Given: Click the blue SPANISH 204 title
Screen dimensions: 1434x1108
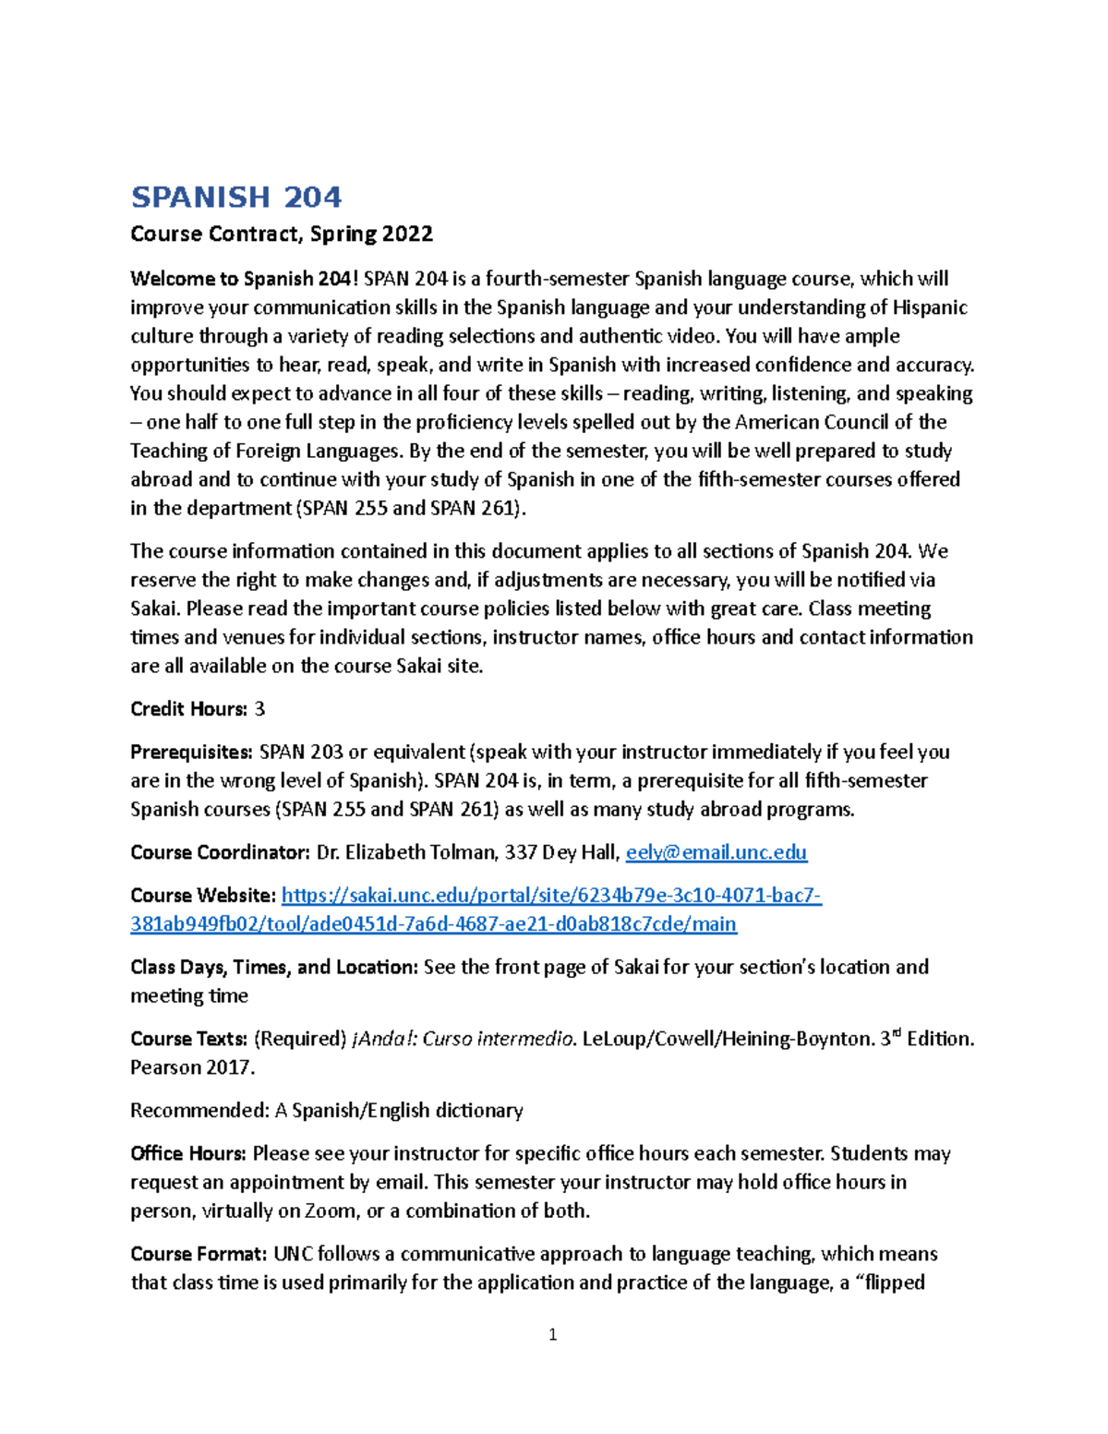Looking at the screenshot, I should (x=236, y=197).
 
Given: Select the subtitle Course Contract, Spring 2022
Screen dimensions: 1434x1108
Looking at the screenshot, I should (x=282, y=234).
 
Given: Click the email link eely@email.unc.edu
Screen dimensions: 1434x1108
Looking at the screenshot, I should (x=717, y=852).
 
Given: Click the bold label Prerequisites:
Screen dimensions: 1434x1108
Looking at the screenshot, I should (x=191, y=753).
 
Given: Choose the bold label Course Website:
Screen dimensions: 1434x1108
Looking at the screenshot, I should (x=203, y=896).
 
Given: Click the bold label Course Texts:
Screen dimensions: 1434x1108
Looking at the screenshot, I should (x=188, y=1039).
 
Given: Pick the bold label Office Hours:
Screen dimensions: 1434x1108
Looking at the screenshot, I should (x=188, y=1153).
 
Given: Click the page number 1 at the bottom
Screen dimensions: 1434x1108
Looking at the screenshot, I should (x=552, y=1334).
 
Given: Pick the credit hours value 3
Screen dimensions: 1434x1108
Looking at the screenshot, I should (x=259, y=709).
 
